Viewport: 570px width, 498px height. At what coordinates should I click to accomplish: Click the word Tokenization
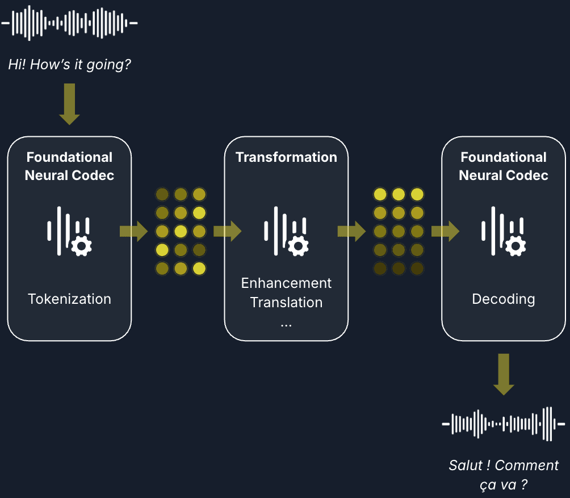point(69,299)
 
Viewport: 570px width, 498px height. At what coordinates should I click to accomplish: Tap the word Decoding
point(504,299)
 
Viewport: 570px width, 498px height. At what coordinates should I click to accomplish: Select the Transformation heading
point(286,157)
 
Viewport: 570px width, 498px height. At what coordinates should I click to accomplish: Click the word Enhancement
point(286,283)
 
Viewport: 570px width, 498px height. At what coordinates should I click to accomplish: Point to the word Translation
point(286,302)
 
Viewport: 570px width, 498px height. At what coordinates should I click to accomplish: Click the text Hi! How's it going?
point(69,64)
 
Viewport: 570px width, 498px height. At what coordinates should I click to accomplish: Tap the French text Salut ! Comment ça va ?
point(504,475)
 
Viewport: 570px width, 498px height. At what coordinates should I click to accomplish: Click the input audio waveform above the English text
point(69,23)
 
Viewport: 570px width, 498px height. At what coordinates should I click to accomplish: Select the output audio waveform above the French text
point(504,424)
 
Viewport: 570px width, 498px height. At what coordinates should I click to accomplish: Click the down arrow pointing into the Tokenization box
point(69,104)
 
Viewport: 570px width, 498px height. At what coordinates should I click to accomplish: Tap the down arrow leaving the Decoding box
point(504,374)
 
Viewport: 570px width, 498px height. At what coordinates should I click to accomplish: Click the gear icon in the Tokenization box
point(82,245)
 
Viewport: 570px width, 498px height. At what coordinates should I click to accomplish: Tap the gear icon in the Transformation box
point(299,245)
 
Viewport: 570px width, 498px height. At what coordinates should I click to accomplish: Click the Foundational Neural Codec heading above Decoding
point(504,166)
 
